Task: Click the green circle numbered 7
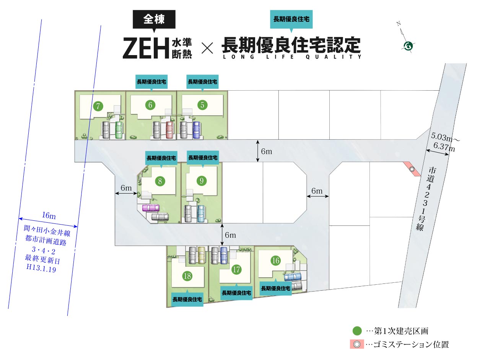click(x=98, y=106)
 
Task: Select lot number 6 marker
click(x=150, y=104)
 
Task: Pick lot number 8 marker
click(x=160, y=181)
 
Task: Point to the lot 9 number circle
click(x=201, y=181)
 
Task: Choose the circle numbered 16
click(x=275, y=261)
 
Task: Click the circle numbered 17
click(x=236, y=269)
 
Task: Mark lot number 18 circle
click(x=187, y=276)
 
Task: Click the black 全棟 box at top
click(x=154, y=20)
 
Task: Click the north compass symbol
click(x=408, y=46)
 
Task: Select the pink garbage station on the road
click(x=412, y=169)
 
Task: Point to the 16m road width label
click(x=49, y=216)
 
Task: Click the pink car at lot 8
click(x=150, y=208)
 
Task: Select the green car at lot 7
click(x=119, y=130)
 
